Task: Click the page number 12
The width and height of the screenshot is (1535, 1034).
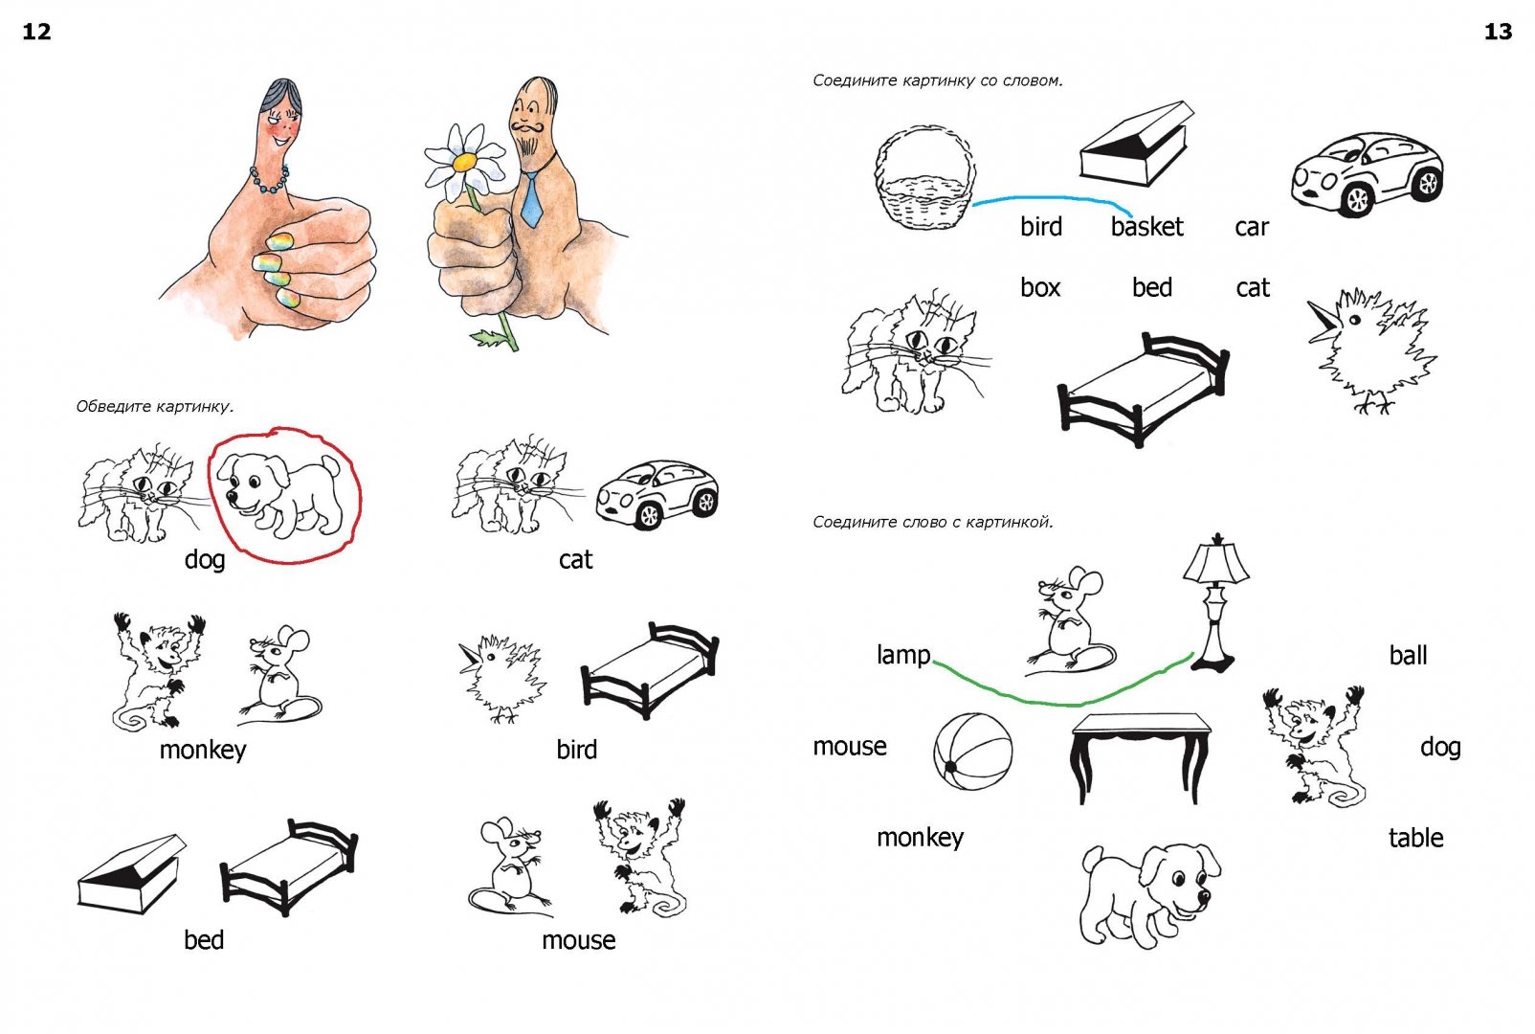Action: [37, 32]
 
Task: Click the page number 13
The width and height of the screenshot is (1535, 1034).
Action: [1498, 32]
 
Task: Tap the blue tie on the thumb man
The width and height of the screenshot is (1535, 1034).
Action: [531, 199]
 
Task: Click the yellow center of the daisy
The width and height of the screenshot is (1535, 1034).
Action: [464, 162]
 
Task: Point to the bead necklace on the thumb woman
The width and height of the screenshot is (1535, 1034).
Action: [269, 181]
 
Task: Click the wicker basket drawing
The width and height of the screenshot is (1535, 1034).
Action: [925, 177]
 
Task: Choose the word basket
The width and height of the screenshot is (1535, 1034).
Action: [1147, 227]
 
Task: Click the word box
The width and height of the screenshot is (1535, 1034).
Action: [1040, 288]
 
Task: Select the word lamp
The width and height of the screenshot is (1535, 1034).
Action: [903, 655]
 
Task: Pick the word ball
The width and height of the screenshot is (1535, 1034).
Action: [1409, 656]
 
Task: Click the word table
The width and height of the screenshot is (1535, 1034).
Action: [1416, 838]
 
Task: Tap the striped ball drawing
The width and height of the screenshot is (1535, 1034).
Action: [973, 752]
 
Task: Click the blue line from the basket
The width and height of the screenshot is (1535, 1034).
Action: [1051, 198]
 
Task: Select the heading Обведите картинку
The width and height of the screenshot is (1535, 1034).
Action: [155, 407]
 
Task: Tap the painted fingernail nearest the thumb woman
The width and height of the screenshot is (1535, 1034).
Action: [280, 241]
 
